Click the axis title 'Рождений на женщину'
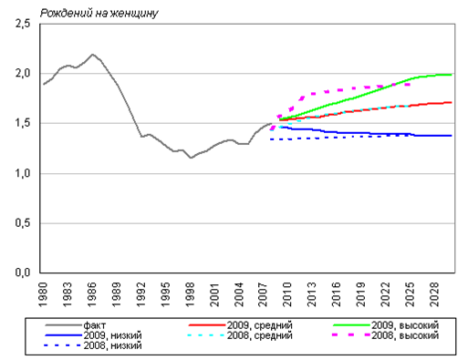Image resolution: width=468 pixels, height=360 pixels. point(99,14)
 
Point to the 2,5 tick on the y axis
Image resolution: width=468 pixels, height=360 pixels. point(23,24)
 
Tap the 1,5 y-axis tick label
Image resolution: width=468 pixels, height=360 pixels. point(23,123)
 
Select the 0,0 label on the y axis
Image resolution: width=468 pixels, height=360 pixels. point(23,273)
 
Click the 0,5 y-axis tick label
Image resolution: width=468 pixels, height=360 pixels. point(23,223)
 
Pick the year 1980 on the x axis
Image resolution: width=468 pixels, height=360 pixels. point(43,294)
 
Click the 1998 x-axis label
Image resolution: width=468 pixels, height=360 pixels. point(190,294)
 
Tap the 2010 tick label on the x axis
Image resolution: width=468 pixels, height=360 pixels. point(287,294)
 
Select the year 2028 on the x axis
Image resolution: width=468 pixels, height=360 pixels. point(434,294)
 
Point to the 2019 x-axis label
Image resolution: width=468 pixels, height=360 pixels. point(361,294)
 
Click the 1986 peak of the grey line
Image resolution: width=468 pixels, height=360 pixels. point(92,55)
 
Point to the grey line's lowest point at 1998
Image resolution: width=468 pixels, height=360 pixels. point(191,158)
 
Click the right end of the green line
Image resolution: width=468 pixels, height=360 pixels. point(452,75)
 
